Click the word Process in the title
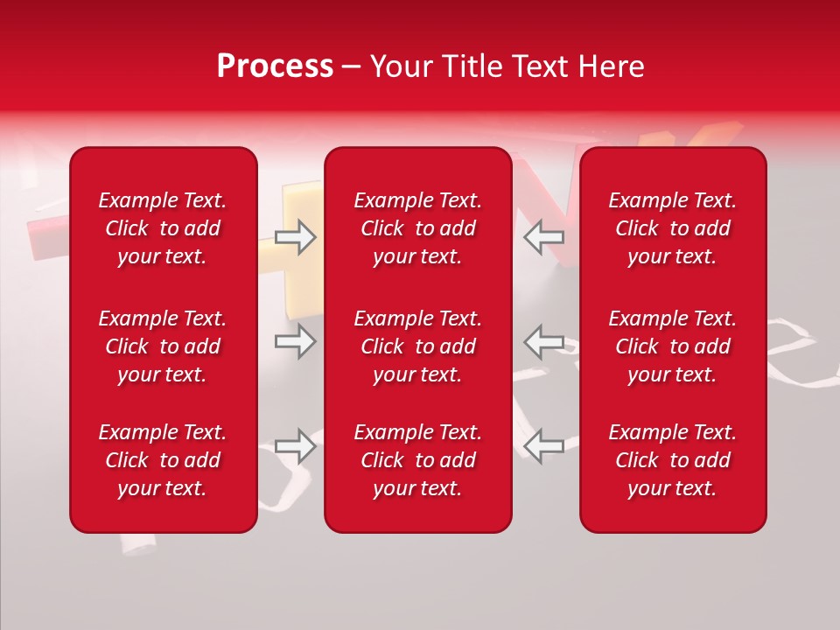pos(275,66)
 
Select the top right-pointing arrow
pos(295,237)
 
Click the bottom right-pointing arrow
pos(295,446)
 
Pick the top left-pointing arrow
pos(544,237)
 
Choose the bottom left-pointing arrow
pos(544,446)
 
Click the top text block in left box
pos(163,228)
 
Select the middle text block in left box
pos(163,346)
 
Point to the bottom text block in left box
pos(163,460)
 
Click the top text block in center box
pos(417,228)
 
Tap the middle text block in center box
pos(417,346)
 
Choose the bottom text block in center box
pos(417,460)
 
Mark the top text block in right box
pos(672,228)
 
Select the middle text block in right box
pos(672,346)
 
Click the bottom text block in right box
pos(672,460)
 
